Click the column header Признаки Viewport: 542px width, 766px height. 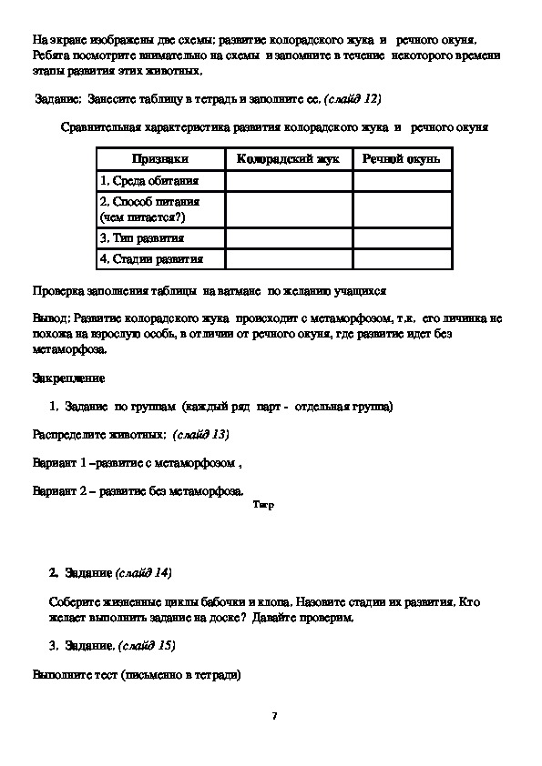[x=160, y=159]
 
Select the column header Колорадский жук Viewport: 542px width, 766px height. [x=288, y=159]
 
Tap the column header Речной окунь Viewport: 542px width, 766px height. [x=401, y=159]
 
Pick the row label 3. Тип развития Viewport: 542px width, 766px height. [x=142, y=237]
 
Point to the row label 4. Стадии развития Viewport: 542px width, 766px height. [x=151, y=259]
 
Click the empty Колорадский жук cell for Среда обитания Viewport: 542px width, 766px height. [x=289, y=181]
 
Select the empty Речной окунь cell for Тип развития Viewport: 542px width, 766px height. [x=402, y=237]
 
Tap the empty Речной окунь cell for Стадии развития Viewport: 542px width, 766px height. [x=402, y=259]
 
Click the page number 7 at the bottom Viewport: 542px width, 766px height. [x=273, y=716]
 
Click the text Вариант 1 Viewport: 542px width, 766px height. [x=59, y=462]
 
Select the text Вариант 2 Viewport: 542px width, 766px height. [x=59, y=491]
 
